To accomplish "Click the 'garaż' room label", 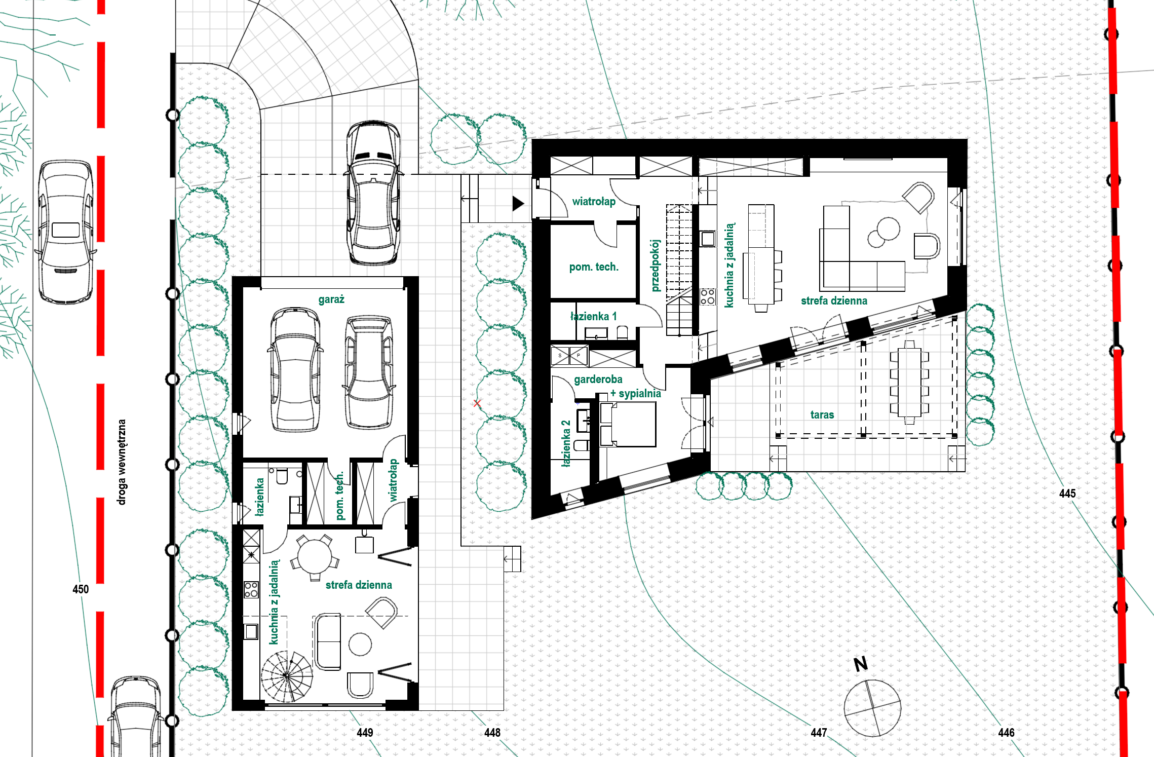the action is [x=331, y=299].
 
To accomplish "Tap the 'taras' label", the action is [x=822, y=415].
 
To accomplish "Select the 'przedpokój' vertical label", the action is [x=656, y=266].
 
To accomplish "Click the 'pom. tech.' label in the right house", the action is [x=594, y=267].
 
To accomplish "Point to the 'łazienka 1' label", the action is [x=594, y=317].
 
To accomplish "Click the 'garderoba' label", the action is [x=598, y=380].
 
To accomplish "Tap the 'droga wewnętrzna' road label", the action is [x=122, y=462].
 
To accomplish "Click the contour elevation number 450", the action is [x=81, y=589].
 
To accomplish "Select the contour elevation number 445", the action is [x=1067, y=494].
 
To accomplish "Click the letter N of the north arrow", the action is [x=861, y=664].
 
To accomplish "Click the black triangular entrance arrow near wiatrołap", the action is [x=518, y=204].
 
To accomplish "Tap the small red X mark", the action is [x=477, y=403].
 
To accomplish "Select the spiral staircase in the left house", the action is [x=287, y=676].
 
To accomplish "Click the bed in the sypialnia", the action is [x=628, y=425].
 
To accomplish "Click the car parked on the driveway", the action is [x=373, y=193].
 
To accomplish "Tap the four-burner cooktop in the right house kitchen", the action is [x=708, y=297].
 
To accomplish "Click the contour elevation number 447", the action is [x=819, y=733].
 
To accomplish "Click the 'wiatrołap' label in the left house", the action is [x=393, y=480].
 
